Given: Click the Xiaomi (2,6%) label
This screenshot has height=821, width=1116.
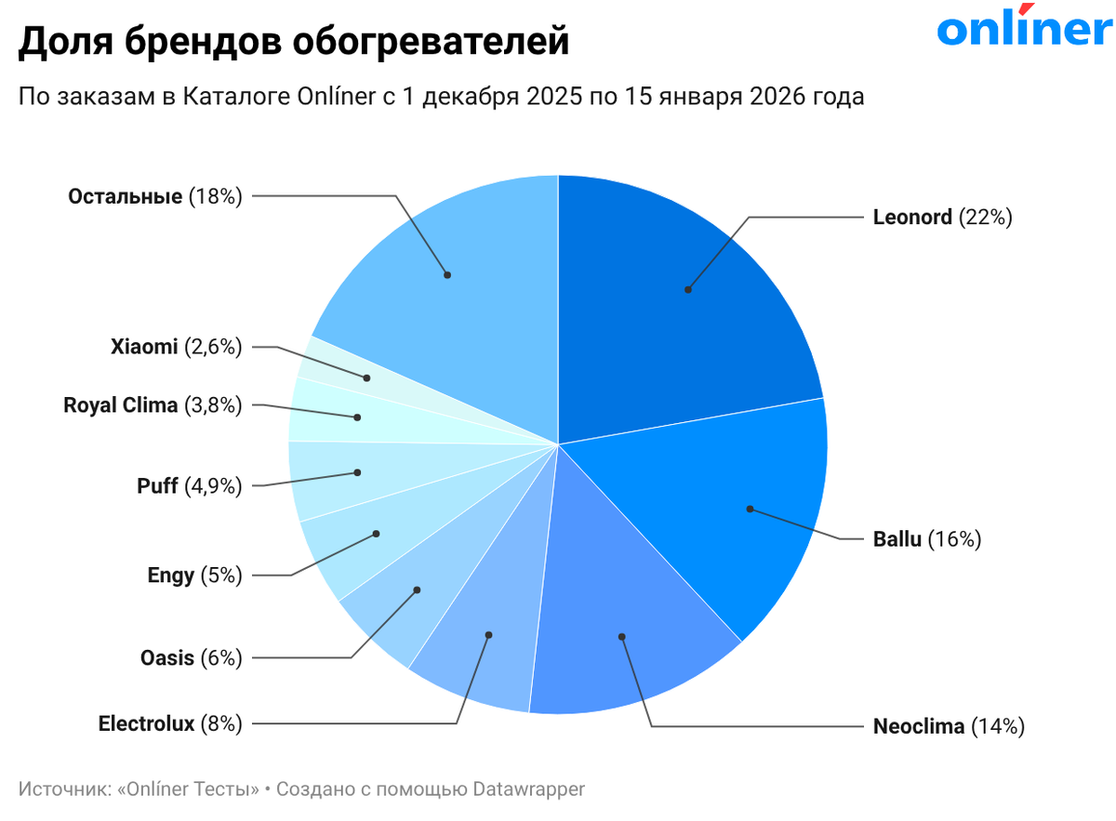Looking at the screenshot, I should click(x=176, y=347).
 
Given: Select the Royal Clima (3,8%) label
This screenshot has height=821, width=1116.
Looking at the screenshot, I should click(x=153, y=405).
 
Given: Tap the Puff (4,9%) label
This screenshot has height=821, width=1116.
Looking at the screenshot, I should click(x=189, y=485).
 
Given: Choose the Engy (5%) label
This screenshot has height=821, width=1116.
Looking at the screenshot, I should click(x=194, y=576).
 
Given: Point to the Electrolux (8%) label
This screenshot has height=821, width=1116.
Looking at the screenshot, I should click(x=170, y=723).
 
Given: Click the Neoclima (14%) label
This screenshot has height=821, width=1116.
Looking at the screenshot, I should click(x=948, y=726).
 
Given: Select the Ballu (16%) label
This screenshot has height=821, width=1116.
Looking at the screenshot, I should click(x=926, y=538).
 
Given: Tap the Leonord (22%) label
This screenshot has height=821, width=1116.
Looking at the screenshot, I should click(x=941, y=218).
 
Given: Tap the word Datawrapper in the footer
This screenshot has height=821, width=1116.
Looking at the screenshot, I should click(x=528, y=789).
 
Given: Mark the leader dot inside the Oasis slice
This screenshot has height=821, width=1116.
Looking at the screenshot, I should click(x=418, y=589).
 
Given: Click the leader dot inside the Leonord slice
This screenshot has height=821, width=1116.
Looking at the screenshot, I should click(x=688, y=289).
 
